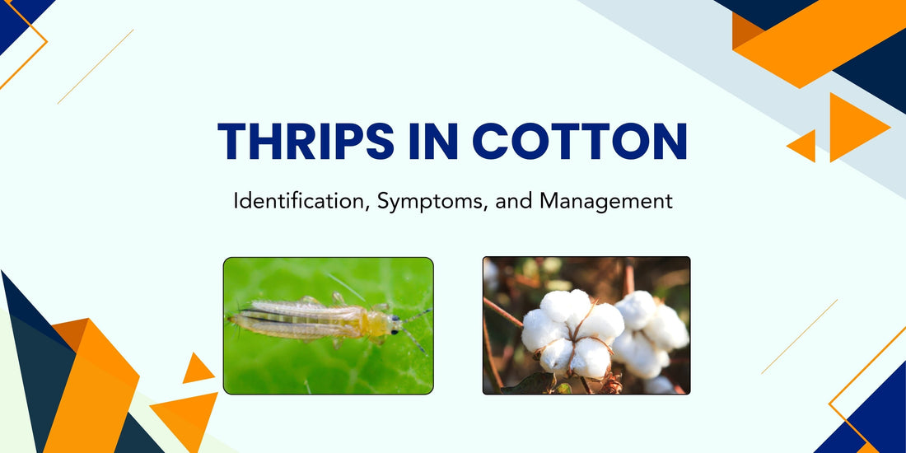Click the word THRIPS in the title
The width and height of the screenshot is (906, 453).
[305, 142]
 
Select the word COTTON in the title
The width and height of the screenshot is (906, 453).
[580, 142]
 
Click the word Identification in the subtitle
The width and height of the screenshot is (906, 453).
[301, 201]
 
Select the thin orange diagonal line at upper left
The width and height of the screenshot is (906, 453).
[96, 67]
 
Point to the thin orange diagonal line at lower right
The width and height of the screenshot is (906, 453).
[799, 336]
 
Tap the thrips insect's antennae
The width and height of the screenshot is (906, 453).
[415, 326]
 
